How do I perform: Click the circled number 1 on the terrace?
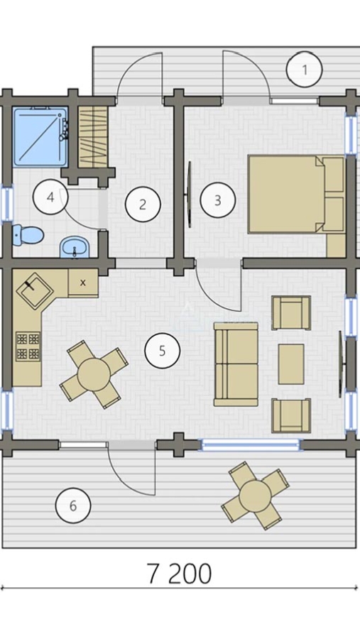coord(304,70)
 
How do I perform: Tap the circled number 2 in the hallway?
coord(142,204)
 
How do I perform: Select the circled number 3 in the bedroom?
coord(218,200)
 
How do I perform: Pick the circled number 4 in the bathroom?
coord(50,197)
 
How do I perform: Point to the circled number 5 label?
coord(163,351)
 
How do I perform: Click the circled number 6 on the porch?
coord(73,506)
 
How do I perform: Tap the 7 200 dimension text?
coord(179,574)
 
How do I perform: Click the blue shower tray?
coord(40,137)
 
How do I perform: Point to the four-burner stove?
coord(28,346)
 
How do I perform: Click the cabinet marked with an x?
coord(83,283)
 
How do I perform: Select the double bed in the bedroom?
coord(296,194)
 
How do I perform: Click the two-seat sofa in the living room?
coord(236,364)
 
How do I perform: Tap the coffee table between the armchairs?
coord(291,364)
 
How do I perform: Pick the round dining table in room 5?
coord(94,374)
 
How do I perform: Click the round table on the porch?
coord(256,496)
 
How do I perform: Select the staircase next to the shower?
coord(93,137)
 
